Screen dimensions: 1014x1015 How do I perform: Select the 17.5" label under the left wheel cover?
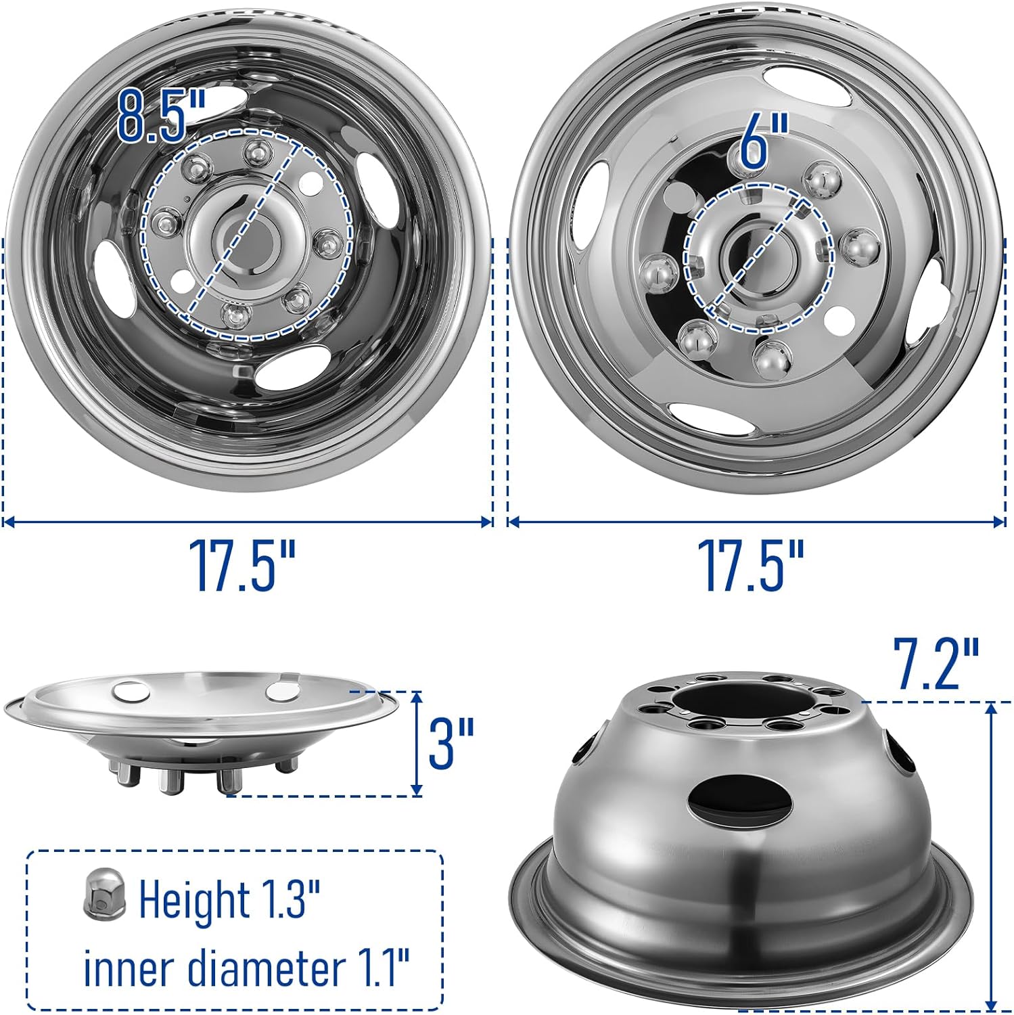pyautogui.click(x=241, y=566)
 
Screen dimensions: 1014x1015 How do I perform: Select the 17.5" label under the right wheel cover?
pyautogui.click(x=751, y=566)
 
